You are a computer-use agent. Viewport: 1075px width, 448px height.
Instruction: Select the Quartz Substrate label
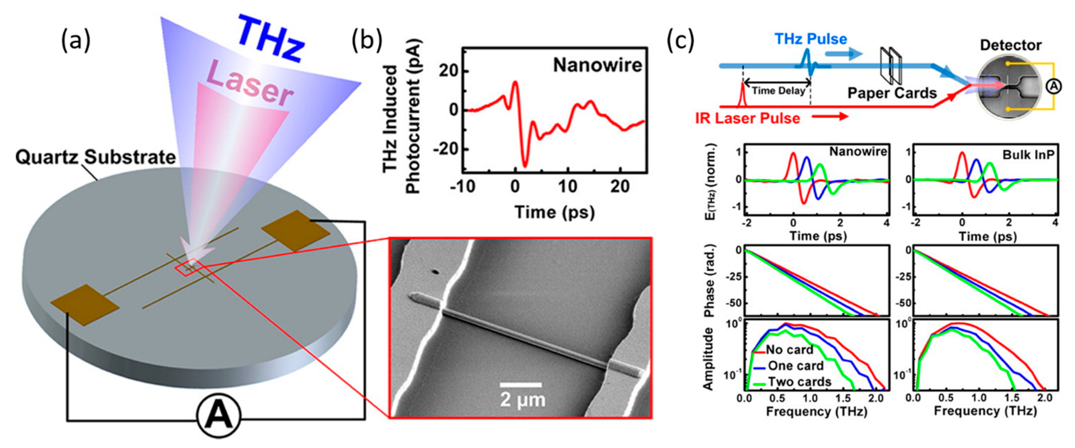(x=96, y=157)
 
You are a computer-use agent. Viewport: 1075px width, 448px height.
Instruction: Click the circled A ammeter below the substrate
(x=219, y=416)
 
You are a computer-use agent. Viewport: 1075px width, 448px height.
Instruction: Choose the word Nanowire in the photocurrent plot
(x=597, y=65)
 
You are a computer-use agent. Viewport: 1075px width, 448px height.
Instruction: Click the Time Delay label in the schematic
(x=778, y=91)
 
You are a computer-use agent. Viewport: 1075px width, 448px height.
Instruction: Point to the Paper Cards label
(x=892, y=93)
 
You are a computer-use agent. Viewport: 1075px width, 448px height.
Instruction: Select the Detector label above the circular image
(x=1010, y=45)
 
